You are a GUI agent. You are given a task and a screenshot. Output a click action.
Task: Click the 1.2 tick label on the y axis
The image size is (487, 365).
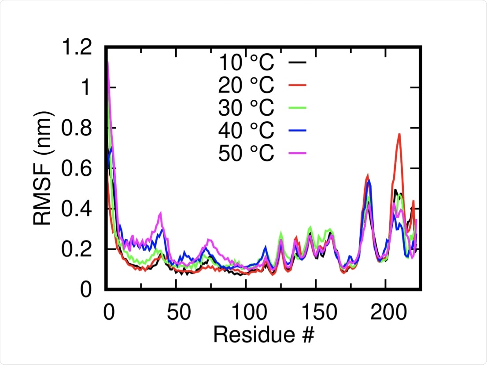(80, 47)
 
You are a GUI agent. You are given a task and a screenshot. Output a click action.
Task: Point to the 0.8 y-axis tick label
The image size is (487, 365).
(80, 128)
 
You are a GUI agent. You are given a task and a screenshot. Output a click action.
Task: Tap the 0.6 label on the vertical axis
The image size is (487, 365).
(80, 168)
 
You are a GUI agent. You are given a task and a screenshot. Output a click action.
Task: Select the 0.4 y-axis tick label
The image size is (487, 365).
(80, 209)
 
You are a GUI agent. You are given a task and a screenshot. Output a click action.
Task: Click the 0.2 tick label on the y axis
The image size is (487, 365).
(80, 249)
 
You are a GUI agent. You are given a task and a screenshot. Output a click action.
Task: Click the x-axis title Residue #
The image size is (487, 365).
(264, 335)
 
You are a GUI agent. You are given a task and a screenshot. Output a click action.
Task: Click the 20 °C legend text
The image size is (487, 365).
(246, 85)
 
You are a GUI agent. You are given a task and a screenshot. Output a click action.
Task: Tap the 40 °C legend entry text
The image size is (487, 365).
(246, 130)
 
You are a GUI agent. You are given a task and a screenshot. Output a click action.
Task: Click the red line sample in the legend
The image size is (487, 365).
(297, 85)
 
